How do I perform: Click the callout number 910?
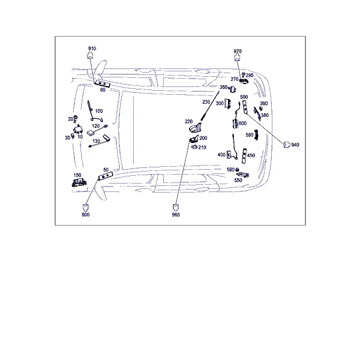coord(92,49)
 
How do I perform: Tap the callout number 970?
coord(238,51)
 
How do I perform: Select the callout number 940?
coord(295,145)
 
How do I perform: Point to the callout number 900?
coord(86,215)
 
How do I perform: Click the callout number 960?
coord(176,215)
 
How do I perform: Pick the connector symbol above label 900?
coord(86,208)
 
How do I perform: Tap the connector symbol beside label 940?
coord(287,145)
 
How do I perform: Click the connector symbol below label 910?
coord(90,55)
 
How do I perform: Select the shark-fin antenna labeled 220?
coord(195,128)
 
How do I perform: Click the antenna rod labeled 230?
coord(210,106)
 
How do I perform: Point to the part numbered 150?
coord(79,182)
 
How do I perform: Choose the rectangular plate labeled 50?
coord(106,176)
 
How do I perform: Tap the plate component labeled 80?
coord(103,84)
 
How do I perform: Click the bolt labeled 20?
coord(76,119)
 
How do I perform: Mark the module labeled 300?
coord(227,104)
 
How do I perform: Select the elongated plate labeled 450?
coord(244,156)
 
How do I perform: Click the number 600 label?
coord(242,123)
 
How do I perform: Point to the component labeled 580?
coord(257,135)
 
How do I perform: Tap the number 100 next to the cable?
coord(99,111)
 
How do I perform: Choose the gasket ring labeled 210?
coord(194,147)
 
